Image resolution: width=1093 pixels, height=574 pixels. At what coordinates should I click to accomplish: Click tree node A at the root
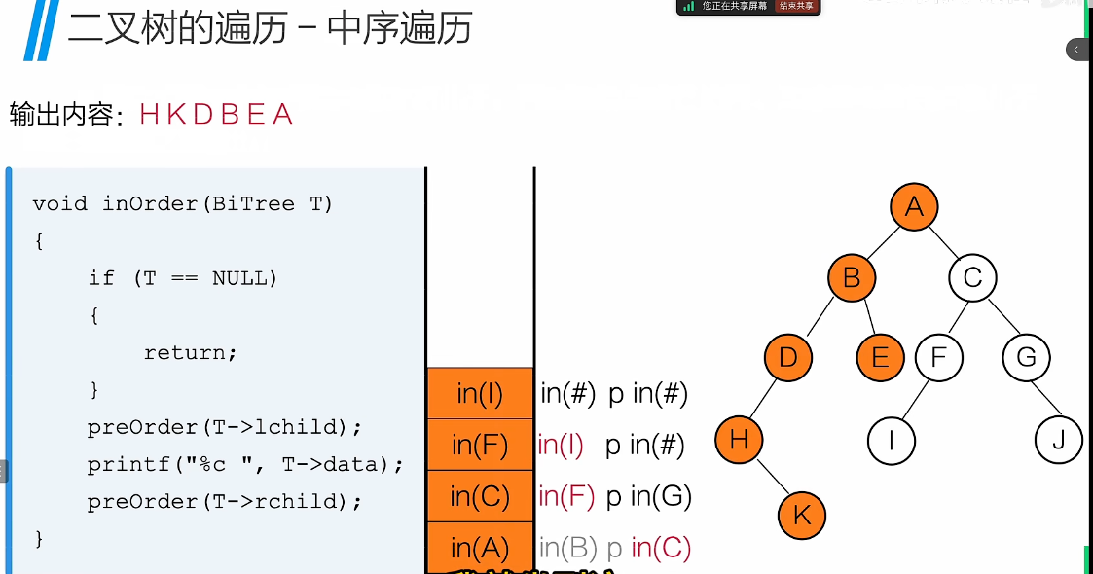913,206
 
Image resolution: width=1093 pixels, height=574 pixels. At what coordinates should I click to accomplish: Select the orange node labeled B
852,279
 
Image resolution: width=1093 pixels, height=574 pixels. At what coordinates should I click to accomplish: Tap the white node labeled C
972,279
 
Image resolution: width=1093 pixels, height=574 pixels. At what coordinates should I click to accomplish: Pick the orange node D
788,357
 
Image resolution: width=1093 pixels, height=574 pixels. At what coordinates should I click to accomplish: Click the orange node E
880,357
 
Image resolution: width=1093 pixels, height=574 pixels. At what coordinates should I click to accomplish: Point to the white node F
938,357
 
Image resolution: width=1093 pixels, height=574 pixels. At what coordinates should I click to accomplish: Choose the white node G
1026,357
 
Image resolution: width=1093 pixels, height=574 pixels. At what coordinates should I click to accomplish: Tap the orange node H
739,440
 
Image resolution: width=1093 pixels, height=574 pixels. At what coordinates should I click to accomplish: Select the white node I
892,441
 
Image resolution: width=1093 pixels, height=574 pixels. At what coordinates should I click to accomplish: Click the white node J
1058,441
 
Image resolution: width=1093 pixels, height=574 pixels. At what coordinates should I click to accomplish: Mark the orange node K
801,515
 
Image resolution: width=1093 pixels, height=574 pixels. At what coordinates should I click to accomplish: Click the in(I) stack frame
480,394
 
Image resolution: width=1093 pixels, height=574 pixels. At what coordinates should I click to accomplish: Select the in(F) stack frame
480,446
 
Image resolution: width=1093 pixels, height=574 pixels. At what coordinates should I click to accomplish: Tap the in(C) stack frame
480,497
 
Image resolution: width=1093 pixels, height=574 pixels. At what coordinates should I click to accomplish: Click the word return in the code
190,353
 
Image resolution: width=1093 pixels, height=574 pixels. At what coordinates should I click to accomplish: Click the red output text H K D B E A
216,115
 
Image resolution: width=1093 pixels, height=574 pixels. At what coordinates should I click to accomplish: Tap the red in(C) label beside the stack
661,548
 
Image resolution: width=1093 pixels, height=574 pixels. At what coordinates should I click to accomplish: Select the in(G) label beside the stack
662,497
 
